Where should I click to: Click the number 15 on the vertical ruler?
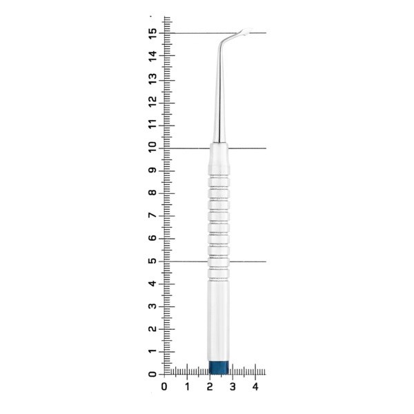[152, 34]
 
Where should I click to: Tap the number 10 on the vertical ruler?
[152, 148]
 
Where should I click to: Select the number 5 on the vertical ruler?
[152, 261]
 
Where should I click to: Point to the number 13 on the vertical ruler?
[152, 79]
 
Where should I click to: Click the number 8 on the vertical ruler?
[152, 193]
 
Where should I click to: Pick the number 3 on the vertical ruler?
[152, 306]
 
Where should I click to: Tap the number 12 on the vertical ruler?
[152, 102]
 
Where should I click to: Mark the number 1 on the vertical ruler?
[152, 351]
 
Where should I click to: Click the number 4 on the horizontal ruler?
[255, 387]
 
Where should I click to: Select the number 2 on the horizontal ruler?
[210, 387]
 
